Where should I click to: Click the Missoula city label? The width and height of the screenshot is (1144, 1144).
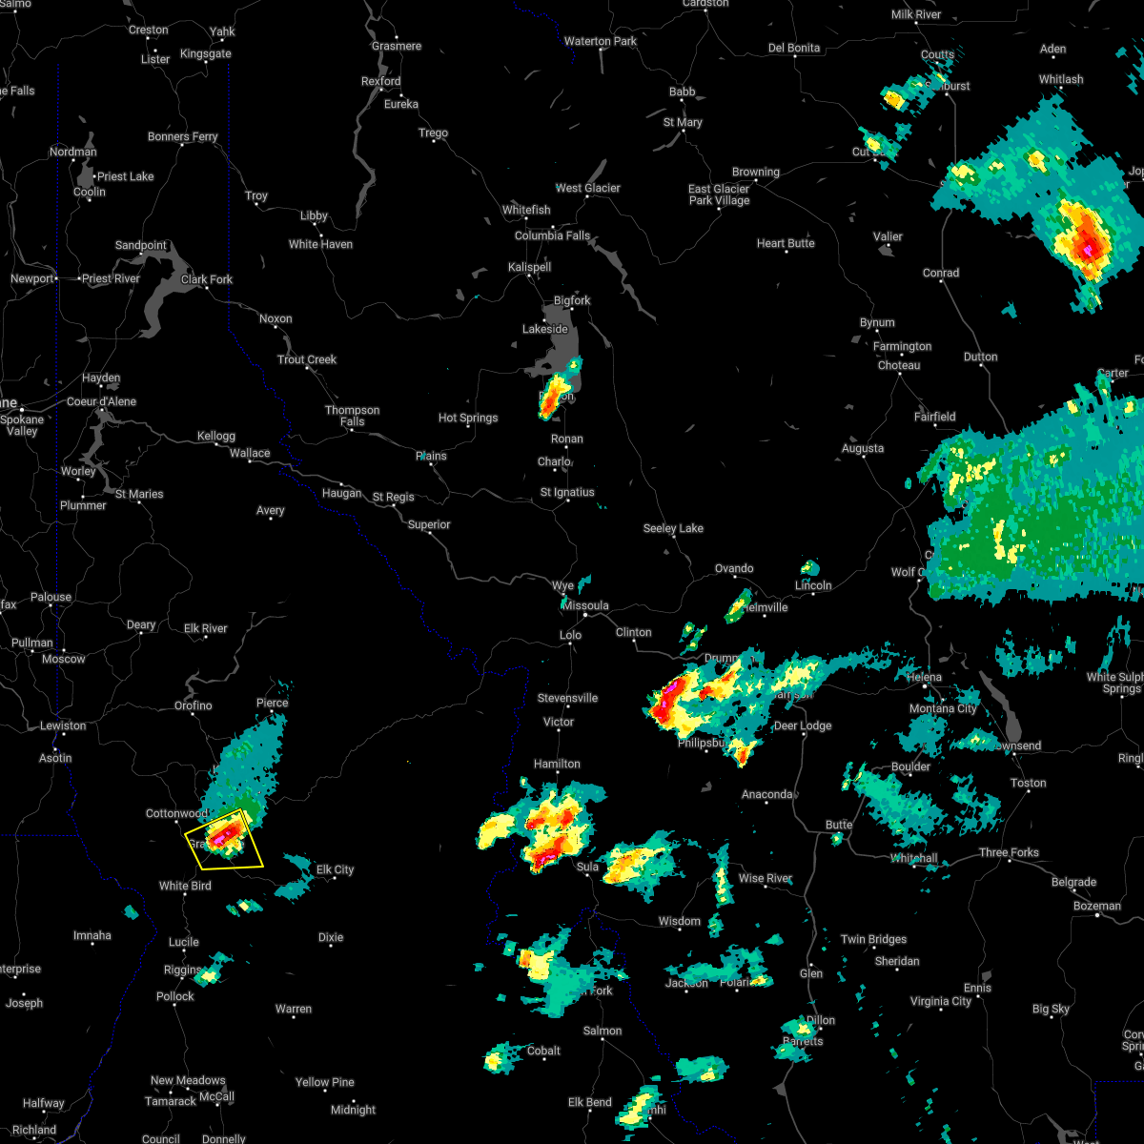585,606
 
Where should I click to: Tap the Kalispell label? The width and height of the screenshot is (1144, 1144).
530,267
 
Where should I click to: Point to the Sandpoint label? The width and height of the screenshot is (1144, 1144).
141,246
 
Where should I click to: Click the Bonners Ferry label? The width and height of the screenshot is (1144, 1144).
183,137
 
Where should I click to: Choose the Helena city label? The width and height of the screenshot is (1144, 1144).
924,678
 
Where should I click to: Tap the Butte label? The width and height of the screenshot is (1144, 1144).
839,826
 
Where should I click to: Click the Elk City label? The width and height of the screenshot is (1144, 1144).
335,869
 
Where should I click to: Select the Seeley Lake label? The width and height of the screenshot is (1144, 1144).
673,529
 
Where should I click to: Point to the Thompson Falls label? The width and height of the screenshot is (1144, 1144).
353,416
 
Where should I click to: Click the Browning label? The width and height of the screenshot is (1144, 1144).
756,173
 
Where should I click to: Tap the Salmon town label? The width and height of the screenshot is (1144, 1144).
603,1032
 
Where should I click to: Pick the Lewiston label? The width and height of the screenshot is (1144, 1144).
63,726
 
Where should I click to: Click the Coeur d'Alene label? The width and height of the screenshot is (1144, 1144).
102,402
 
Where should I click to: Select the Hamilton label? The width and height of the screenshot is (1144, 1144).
558,765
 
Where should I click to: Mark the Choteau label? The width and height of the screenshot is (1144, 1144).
899,366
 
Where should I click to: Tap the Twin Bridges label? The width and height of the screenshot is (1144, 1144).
873,940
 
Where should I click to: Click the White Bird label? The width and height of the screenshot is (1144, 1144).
185,887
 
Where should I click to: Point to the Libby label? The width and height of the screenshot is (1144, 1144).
314,216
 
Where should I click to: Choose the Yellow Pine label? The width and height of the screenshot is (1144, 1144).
324,1083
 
